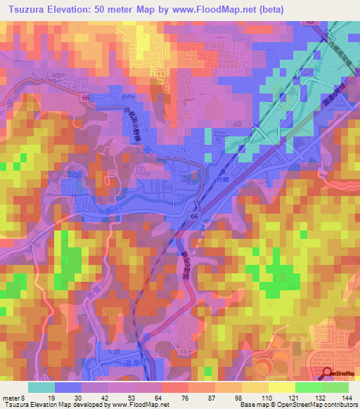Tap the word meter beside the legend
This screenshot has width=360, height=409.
[x=13, y=397]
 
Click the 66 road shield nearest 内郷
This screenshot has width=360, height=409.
[x=194, y=217]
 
